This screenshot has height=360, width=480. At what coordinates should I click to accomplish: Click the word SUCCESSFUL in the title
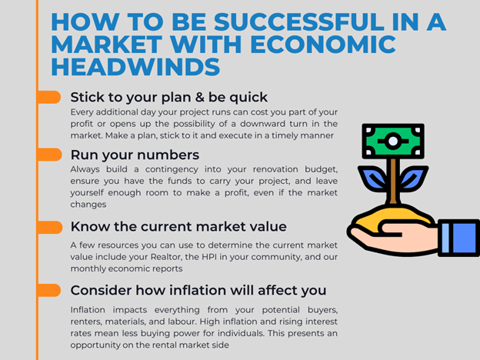coord(298,22)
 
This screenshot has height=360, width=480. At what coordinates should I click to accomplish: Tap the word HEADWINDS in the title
coord(135,67)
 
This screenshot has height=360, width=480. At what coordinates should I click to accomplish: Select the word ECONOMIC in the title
coord(323,45)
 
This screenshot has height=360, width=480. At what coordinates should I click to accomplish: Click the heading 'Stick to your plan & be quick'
coord(169,98)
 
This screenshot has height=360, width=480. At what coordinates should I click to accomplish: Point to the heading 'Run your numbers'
coord(135,155)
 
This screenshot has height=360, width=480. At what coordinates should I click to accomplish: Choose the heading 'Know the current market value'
coord(178,227)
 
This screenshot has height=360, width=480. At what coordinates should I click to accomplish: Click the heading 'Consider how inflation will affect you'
coord(198,290)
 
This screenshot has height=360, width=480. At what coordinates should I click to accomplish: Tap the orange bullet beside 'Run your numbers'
coord(49,155)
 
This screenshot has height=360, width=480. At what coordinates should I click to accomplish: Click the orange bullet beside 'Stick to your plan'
coord(49,98)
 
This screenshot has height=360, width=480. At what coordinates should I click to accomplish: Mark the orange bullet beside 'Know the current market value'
coord(50,228)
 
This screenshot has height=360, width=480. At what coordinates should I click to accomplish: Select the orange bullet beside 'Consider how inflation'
coord(49,290)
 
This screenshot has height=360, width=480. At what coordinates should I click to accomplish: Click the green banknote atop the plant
coord(393,141)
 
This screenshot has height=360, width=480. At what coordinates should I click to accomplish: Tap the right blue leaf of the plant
coord(412,178)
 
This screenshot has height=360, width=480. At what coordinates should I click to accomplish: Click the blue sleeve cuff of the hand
coord(458,238)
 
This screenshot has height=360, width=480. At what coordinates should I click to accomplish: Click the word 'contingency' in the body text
coord(172,169)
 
